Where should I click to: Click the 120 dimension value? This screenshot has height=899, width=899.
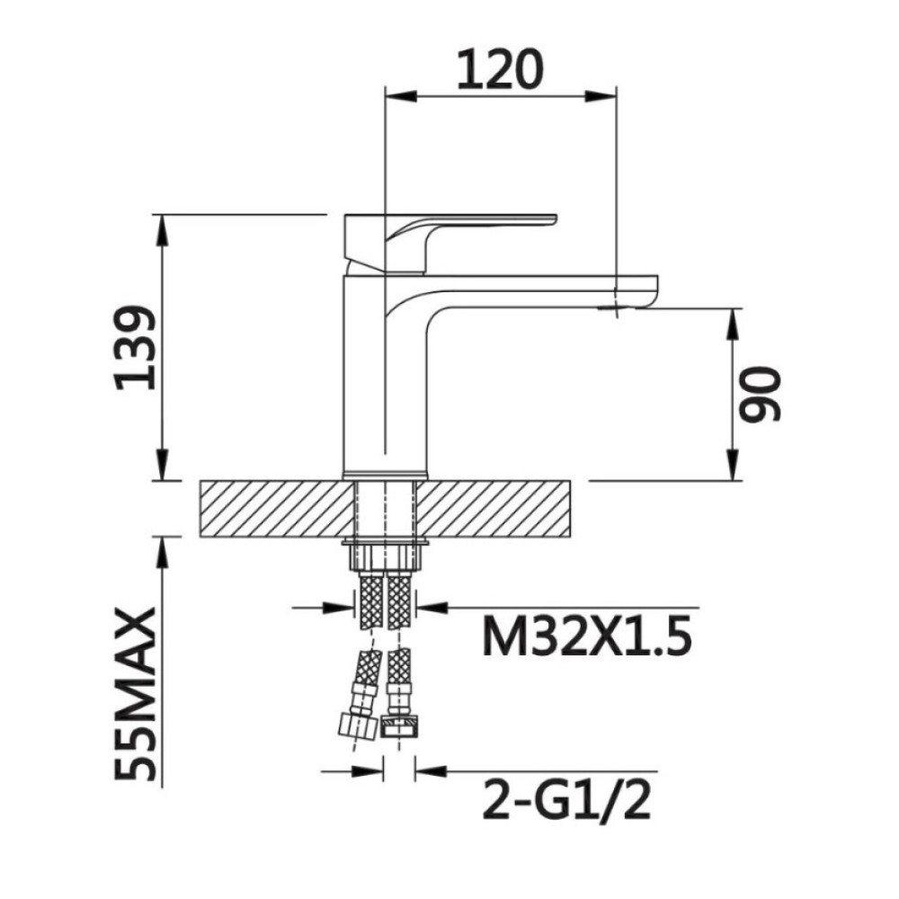(499, 70)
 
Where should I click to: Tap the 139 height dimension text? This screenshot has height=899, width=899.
(136, 347)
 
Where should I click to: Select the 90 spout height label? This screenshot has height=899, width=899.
(760, 395)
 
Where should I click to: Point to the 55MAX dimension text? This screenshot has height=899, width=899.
(136, 694)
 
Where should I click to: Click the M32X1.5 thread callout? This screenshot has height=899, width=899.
(586, 636)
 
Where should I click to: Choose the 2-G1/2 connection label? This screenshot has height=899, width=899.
(567, 800)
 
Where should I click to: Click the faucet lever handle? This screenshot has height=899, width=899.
(450, 243)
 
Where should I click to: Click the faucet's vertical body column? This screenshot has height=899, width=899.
(385, 378)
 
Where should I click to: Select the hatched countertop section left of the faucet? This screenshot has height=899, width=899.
(276, 509)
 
